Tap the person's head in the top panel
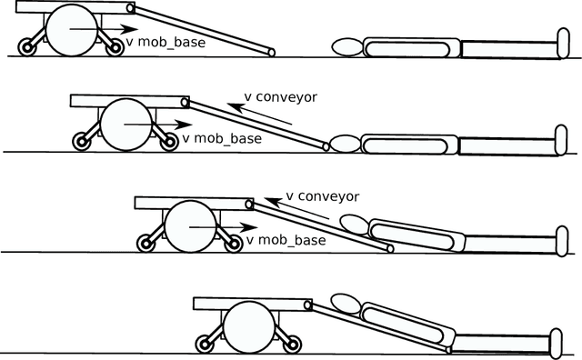point(346,45)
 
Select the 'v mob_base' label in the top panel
point(166,42)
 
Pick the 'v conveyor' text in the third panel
point(323,195)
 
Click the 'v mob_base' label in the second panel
point(222,139)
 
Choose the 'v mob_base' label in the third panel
point(286,240)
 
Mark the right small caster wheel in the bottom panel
point(293,344)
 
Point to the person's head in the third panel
point(355,222)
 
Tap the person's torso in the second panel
point(409,145)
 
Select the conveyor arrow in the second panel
point(264,116)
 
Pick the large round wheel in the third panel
point(189,225)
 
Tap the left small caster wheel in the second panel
point(80,142)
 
